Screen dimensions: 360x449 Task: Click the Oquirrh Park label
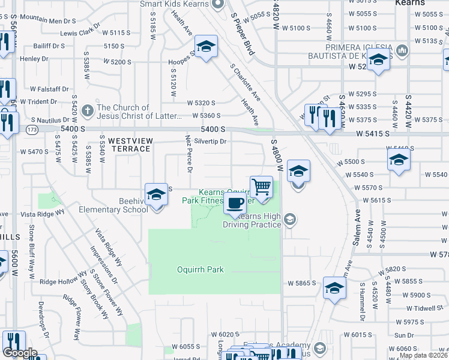200,269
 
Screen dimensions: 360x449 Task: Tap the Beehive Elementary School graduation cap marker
156,195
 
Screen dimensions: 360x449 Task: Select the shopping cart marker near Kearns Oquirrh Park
261,188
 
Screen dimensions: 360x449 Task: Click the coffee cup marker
235,203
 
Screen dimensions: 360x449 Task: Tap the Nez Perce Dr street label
188,155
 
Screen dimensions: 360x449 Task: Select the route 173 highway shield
32,129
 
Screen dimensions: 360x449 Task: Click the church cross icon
88,110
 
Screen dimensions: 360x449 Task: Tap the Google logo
19,353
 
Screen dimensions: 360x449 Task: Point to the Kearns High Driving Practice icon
290,220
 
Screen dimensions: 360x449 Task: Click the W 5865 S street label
301,283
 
